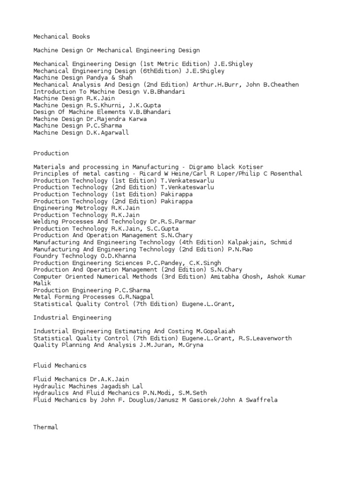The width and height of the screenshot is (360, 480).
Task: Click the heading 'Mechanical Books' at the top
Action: (x=61, y=36)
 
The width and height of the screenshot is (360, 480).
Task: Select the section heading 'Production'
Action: (x=51, y=153)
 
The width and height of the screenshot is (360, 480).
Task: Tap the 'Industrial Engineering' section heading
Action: (x=72, y=317)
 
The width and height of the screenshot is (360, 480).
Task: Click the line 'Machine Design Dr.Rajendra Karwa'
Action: (x=90, y=119)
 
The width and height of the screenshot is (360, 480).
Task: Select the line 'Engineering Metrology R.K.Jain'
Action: (x=86, y=208)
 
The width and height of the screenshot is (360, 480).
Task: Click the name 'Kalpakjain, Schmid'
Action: (x=260, y=242)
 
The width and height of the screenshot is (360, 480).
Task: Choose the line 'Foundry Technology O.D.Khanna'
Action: (x=84, y=256)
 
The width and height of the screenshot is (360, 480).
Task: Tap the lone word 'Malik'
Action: (x=42, y=284)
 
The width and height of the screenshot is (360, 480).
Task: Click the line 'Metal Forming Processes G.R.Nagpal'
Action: (x=93, y=297)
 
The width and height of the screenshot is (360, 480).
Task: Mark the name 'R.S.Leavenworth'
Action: (x=264, y=338)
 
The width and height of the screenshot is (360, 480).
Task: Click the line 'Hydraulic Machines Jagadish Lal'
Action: (x=86, y=386)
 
